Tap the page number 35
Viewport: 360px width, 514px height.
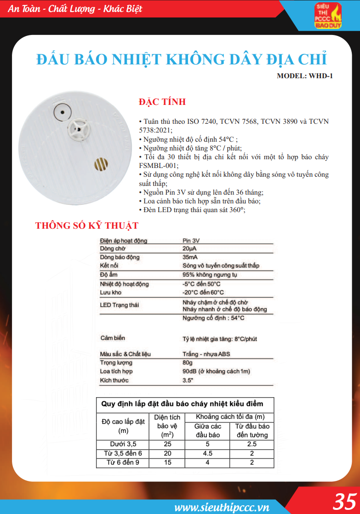coord(345,501)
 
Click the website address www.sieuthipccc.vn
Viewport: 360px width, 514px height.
coord(222,507)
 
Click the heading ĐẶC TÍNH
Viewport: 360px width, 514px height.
coord(162,102)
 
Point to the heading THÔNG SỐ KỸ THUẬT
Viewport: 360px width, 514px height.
coord(87,226)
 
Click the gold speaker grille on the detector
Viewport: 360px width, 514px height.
coord(101,164)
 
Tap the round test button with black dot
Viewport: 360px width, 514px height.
coord(61,111)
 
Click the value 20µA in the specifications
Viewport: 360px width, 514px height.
coord(189,248)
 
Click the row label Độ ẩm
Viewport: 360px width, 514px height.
coord(108,275)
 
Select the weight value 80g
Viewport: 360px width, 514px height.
coord(187,363)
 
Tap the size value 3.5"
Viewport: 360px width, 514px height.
coord(188,380)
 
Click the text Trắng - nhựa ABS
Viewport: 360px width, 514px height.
coord(206,354)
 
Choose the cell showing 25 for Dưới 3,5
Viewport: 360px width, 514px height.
coord(167,444)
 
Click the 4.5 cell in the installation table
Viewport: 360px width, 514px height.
coord(207,453)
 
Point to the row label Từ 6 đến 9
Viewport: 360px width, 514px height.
coord(124,462)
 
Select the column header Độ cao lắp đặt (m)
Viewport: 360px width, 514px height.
coord(123,426)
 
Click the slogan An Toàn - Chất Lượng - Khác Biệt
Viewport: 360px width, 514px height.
coord(75,9)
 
